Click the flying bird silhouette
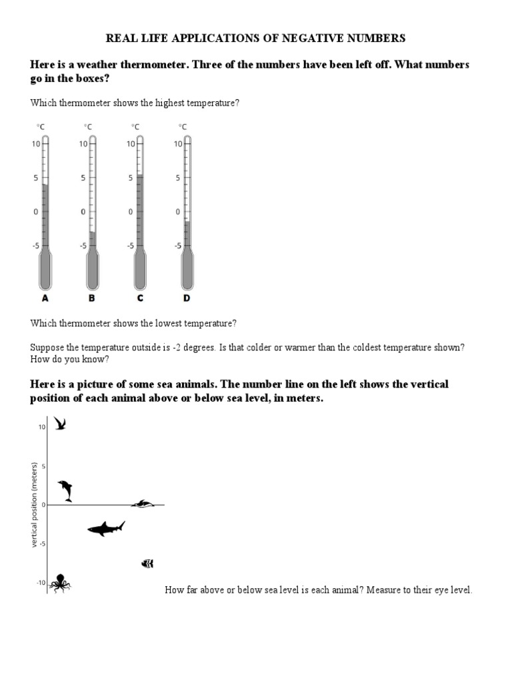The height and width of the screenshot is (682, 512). tap(60, 424)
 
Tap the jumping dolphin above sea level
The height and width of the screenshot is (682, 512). tap(65, 490)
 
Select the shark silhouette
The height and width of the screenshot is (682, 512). tap(106, 529)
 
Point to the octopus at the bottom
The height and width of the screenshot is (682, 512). tap(60, 583)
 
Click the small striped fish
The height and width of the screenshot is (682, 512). tap(147, 563)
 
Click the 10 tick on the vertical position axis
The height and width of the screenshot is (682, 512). tap(41, 427)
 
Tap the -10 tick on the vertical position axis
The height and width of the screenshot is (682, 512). tap(41, 583)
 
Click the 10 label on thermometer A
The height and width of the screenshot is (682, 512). tap(36, 143)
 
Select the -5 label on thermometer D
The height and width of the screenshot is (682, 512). tap(178, 246)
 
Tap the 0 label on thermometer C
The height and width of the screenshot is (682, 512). tap(131, 212)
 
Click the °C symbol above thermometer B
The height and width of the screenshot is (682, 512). tap(87, 127)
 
